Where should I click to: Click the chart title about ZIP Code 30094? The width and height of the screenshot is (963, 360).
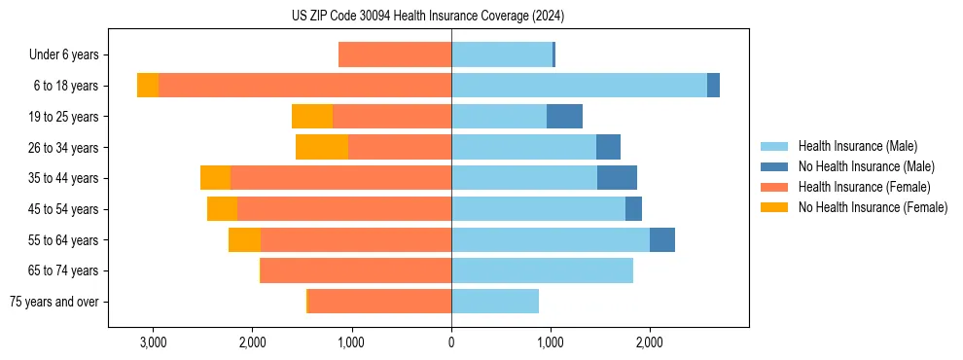[428, 17]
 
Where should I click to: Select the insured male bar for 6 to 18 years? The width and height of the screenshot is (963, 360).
[579, 86]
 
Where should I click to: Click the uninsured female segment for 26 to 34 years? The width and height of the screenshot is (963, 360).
[322, 147]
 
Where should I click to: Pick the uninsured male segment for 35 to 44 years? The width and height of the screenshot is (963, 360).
[617, 178]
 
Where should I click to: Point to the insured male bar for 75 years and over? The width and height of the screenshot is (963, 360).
[495, 302]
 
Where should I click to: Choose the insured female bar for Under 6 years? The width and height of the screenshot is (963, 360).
[395, 54]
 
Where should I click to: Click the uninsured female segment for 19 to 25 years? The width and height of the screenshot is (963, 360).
[312, 117]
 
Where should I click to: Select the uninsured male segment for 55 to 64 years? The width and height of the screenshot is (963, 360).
[662, 240]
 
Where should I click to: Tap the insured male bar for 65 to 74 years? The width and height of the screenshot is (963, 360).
[542, 270]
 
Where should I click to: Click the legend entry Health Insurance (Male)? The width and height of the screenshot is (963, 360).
[857, 146]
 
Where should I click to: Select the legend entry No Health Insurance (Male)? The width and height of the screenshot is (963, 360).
[866, 166]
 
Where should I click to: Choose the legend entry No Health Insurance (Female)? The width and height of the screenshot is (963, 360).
[873, 207]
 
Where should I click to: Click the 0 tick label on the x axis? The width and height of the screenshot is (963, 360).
[451, 342]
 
